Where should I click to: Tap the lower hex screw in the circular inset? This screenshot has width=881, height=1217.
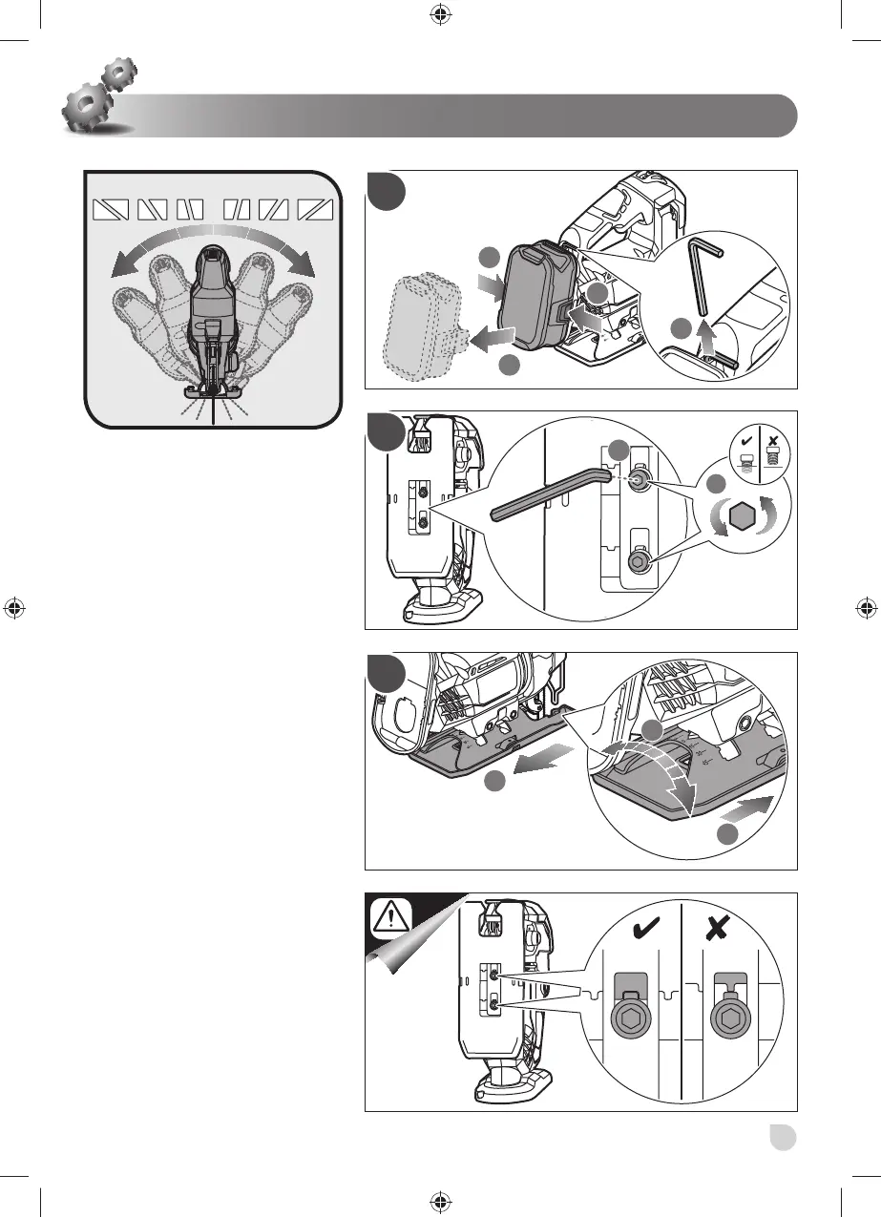pyautogui.click(x=639, y=564)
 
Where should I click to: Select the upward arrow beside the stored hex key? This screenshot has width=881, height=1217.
pyautogui.click(x=706, y=336)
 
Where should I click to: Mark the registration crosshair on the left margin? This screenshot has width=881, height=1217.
pyautogui.click(x=13, y=608)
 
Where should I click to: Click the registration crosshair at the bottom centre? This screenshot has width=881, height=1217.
pyautogui.click(x=440, y=1203)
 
